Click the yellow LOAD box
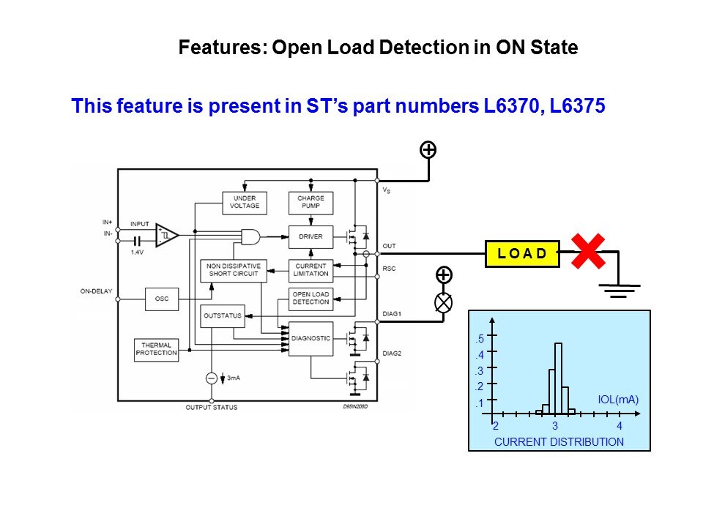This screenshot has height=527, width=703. click(522, 253)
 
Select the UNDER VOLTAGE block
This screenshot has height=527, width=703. click(245, 202)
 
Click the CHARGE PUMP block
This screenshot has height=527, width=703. click(310, 202)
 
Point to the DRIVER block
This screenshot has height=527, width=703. click(310, 236)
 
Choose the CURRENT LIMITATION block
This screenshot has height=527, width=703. click(310, 270)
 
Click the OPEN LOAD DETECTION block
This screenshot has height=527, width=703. click(310, 298)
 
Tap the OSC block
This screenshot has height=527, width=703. click(161, 299)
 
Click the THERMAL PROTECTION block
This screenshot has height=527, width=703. click(156, 349)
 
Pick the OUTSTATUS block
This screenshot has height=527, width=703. click(221, 316)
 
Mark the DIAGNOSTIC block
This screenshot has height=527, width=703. click(310, 338)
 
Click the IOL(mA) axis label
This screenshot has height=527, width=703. click(618, 400)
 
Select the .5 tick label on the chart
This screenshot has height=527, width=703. click(479, 339)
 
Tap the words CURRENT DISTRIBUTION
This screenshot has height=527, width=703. click(559, 441)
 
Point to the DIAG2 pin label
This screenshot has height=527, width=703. click(393, 354)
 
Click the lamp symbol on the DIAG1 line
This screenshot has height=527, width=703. click(443, 302)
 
